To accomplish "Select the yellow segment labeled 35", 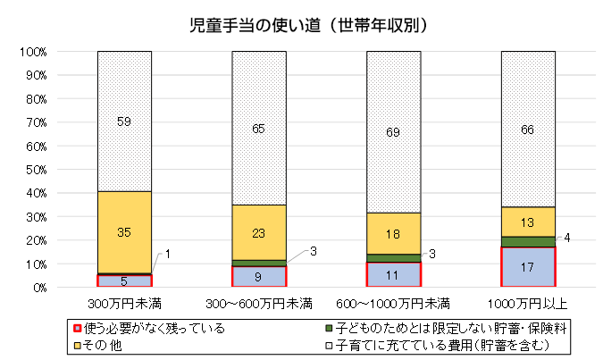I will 124,231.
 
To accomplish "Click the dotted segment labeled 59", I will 124,121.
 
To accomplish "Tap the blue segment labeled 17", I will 528,267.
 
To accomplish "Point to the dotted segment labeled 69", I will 393,132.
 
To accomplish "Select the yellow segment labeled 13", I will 528,222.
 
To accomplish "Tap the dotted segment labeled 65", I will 259,128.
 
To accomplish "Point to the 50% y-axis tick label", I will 35,170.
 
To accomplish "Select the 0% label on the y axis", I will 38,288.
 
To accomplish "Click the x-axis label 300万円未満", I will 124,301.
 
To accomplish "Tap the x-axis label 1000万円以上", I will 528,301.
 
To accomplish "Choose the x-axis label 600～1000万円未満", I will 393,301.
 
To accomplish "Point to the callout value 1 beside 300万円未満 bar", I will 167,255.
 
